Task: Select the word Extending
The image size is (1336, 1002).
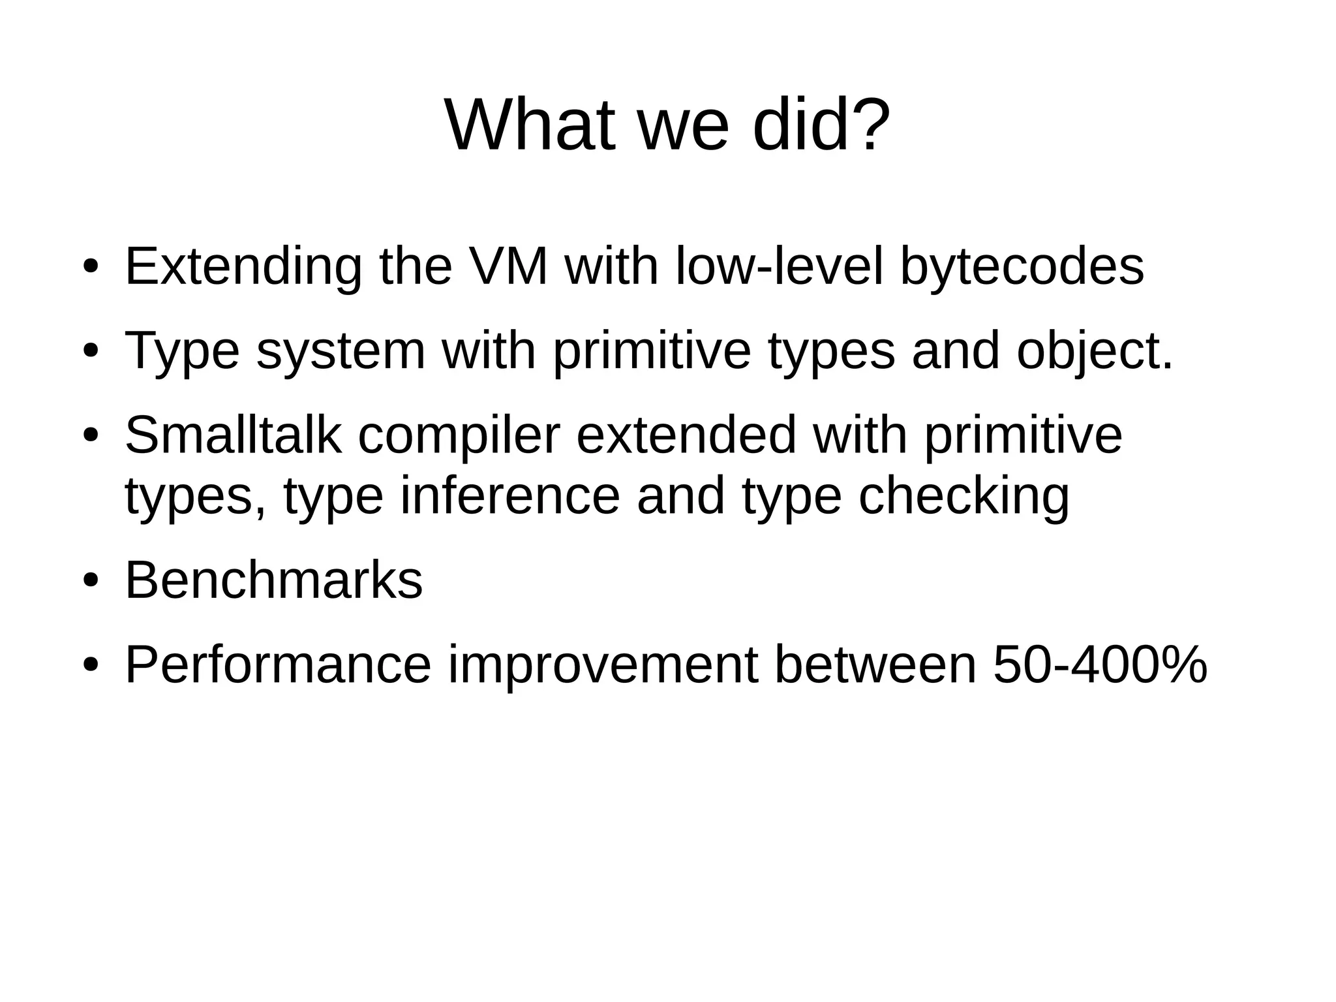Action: pos(243,267)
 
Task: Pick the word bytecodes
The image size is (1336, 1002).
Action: pos(1022,267)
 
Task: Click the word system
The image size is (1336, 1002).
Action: pos(341,351)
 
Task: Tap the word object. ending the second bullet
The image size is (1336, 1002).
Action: pos(1095,351)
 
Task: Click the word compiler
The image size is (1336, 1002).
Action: pos(459,436)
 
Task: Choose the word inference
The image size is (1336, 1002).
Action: pos(509,495)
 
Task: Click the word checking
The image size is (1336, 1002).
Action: pos(964,497)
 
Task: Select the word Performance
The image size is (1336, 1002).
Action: pos(278,665)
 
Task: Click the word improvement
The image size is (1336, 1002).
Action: pos(603,665)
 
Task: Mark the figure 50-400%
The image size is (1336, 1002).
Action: pos(1100,665)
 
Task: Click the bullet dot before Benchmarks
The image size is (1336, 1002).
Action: pos(91,581)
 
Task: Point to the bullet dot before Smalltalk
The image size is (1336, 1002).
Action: pos(91,435)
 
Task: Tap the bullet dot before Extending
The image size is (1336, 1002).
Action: pos(91,267)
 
